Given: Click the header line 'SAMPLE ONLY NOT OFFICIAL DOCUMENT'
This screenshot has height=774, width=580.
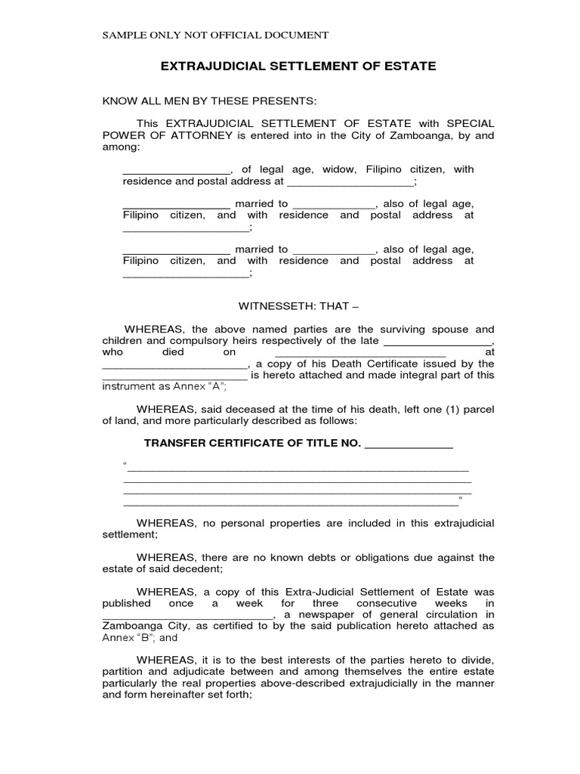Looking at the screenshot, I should pyautogui.click(x=215, y=35).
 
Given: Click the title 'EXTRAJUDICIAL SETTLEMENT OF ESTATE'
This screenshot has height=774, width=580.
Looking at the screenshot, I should pyautogui.click(x=298, y=67).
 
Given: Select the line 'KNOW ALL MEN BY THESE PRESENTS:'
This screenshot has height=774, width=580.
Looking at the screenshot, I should pyautogui.click(x=209, y=101).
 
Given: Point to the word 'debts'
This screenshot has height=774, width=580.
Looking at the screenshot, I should pyautogui.click(x=330, y=557).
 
